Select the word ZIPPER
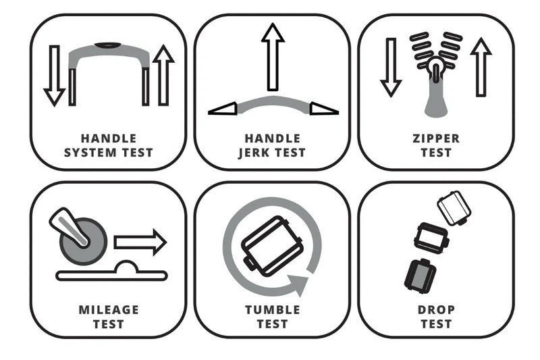pyautogui.click(x=436, y=138)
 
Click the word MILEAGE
pyautogui.click(x=109, y=309)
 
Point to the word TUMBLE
pyautogui.click(x=273, y=309)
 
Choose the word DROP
pyautogui.click(x=436, y=309)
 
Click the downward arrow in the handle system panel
pyautogui.click(x=55, y=76)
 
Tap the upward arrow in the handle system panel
pyautogui.click(x=163, y=75)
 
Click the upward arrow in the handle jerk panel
pyautogui.click(x=273, y=57)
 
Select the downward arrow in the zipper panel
pyautogui.click(x=391, y=68)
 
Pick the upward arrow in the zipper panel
pyautogui.click(x=481, y=67)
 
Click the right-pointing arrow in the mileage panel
pyautogui.click(x=140, y=242)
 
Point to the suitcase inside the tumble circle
pyautogui.click(x=272, y=246)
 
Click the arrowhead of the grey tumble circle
pyautogui.click(x=298, y=284)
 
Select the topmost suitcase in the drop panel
pyautogui.click(x=454, y=208)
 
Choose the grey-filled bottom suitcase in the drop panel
pyautogui.click(x=420, y=276)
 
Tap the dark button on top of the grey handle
pyautogui.click(x=108, y=45)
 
